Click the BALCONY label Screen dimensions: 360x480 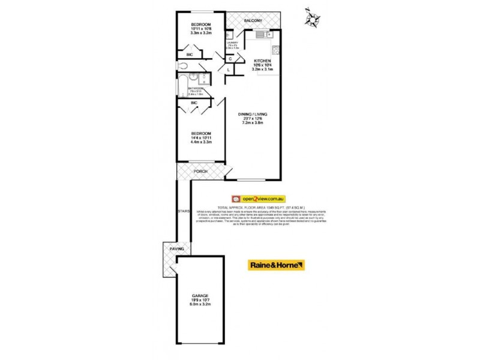tap(253, 21)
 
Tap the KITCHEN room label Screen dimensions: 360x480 tap(262, 61)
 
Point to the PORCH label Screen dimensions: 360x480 tap(200, 172)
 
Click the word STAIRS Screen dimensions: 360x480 tap(184, 211)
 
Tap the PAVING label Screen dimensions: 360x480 tap(176, 249)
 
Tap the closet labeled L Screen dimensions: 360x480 tap(229, 70)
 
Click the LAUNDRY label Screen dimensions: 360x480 tap(233, 43)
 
